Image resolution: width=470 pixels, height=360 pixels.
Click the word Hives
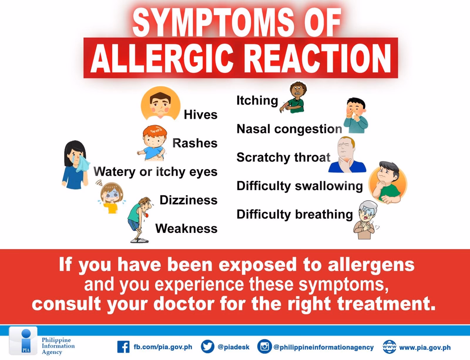pyautogui.click(x=200, y=115)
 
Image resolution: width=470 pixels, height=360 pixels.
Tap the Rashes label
pyautogui.click(x=195, y=143)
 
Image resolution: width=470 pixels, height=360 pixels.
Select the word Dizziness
pyautogui.click(x=188, y=200)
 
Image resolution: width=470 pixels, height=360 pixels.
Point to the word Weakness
pyautogui.click(x=186, y=228)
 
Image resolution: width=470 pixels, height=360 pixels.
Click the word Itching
pyautogui.click(x=257, y=100)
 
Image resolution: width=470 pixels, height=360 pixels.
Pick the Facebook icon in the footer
pyautogui.click(x=123, y=347)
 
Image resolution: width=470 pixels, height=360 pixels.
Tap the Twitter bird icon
pyautogui.click(x=207, y=347)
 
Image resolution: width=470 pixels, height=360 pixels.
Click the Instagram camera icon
pyautogui.click(x=264, y=347)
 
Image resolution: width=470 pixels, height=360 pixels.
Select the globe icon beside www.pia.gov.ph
pyautogui.click(x=389, y=347)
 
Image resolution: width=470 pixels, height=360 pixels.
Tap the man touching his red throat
pyautogui.click(x=347, y=155)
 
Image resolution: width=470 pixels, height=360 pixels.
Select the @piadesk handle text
pyautogui.click(x=234, y=347)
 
